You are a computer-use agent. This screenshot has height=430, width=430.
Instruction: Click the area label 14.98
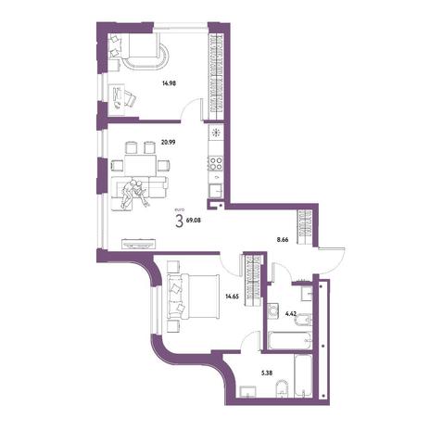(x=169, y=82)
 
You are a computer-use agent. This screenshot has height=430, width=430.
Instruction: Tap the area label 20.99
(x=169, y=142)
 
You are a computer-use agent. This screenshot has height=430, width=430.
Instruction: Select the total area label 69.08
(x=194, y=221)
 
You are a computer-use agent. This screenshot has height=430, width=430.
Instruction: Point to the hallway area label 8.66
(x=283, y=239)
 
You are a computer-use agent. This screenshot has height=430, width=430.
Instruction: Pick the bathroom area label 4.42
(x=291, y=313)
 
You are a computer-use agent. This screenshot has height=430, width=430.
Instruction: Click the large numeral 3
(x=179, y=221)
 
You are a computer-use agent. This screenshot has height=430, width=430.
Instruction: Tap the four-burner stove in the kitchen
(x=216, y=163)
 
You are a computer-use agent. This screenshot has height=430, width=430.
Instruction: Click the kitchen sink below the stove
(x=216, y=190)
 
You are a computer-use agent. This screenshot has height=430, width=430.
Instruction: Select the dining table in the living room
(x=140, y=165)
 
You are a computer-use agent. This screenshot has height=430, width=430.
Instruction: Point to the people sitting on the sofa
(x=134, y=193)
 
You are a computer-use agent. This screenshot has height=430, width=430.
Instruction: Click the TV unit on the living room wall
(x=138, y=244)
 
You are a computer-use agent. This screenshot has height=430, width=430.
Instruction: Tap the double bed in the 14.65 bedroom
(x=194, y=296)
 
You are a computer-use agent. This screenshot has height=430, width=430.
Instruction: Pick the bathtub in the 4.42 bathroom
(x=289, y=340)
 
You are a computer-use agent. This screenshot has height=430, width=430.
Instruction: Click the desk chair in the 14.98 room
(x=131, y=98)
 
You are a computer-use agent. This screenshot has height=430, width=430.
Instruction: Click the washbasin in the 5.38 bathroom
(x=248, y=391)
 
